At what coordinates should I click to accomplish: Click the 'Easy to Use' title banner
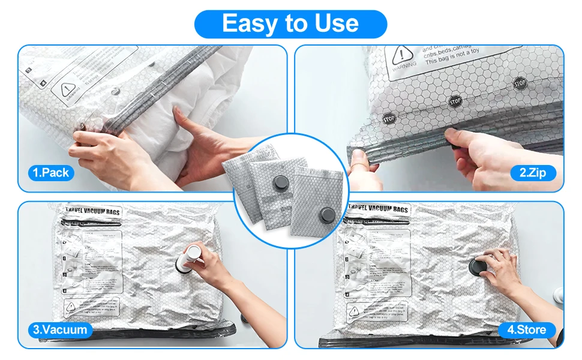(x=290, y=23)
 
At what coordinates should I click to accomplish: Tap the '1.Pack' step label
(x=51, y=173)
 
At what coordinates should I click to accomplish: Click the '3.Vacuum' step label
(x=60, y=329)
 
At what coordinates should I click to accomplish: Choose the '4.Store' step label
(x=526, y=329)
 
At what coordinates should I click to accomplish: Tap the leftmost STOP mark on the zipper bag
(x=389, y=119)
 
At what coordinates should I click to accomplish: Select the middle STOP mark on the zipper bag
(x=454, y=102)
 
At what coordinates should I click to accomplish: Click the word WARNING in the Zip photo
(x=403, y=70)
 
